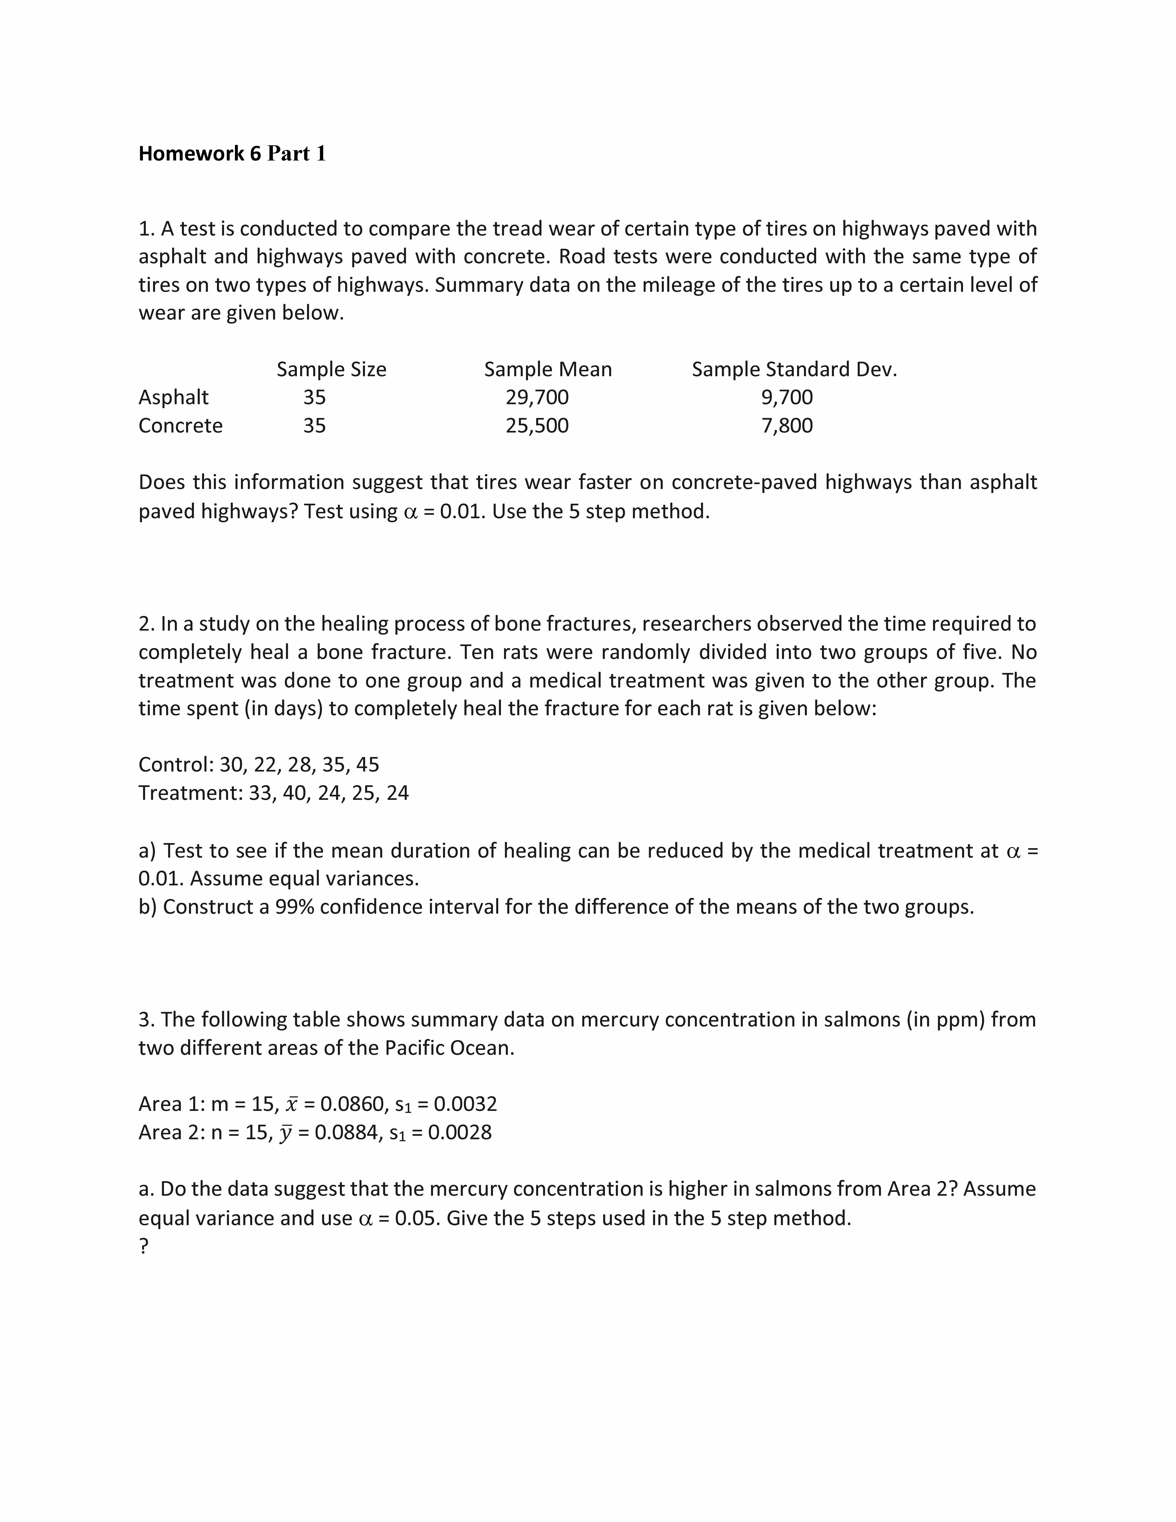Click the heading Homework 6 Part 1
[x=232, y=153]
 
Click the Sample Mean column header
[x=548, y=369]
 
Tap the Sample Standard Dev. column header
[x=794, y=369]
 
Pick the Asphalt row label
[x=173, y=397]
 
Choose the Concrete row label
[x=180, y=426]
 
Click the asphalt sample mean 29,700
[x=537, y=397]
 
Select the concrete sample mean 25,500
[x=537, y=426]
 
